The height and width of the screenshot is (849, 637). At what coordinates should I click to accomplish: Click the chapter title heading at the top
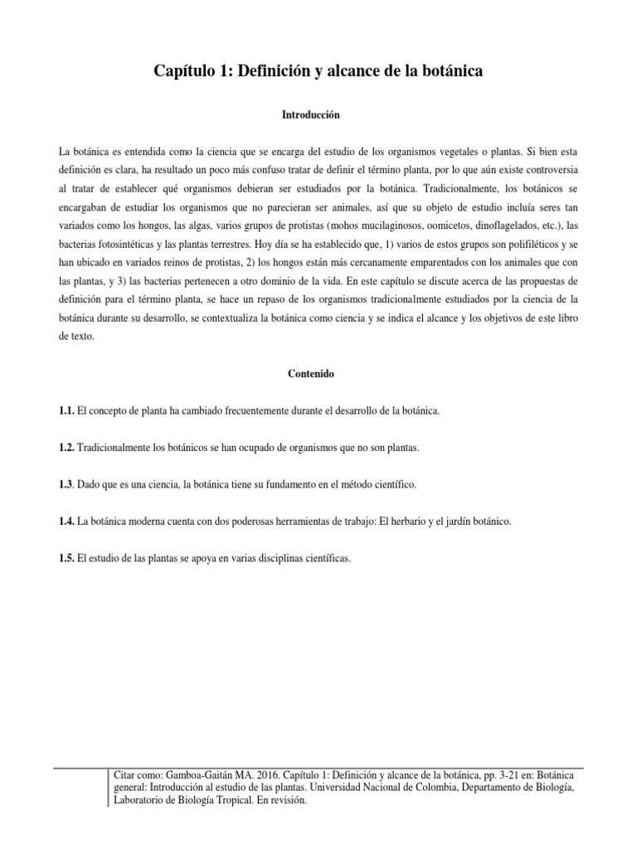318,73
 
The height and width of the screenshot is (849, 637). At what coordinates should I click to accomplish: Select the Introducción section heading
318,115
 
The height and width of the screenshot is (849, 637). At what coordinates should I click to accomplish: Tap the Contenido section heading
318,374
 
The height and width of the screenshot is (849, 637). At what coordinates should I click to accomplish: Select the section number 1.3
66,484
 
